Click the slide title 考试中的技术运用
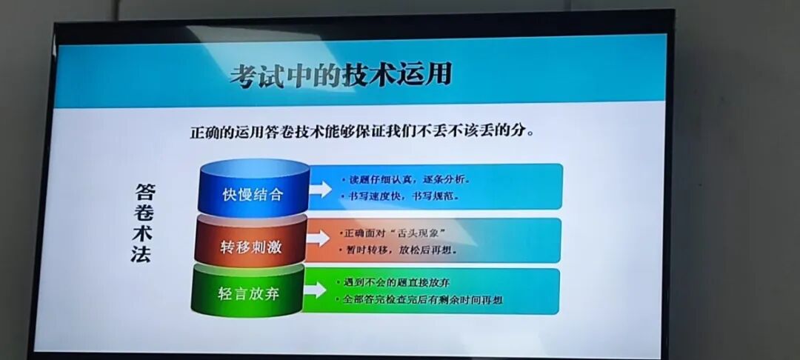(340, 76)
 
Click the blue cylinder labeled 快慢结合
(253, 194)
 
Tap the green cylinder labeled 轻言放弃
(248, 293)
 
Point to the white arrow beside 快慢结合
(320, 189)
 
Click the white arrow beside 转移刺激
(318, 239)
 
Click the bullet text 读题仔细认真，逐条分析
(404, 179)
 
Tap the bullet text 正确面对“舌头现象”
(396, 233)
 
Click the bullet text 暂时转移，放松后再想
(401, 250)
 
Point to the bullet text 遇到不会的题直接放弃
(397, 282)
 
